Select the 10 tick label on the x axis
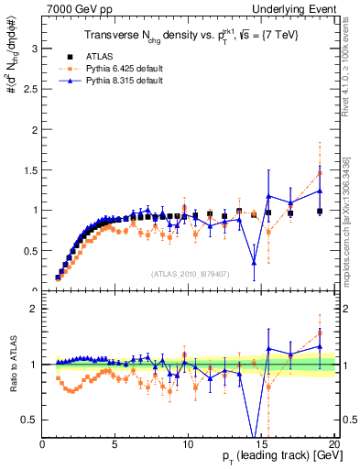pyautogui.click(x=188, y=445)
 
